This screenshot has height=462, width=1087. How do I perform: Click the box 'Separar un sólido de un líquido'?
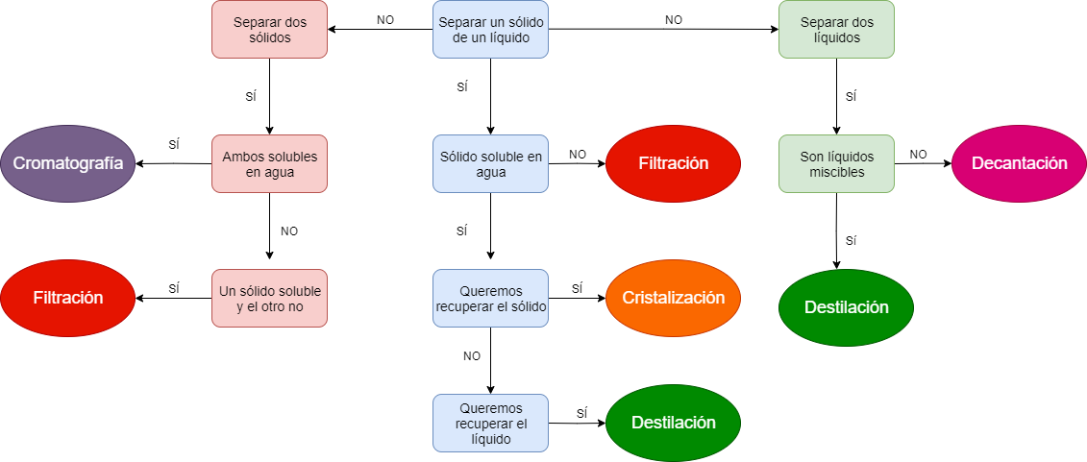click(490, 29)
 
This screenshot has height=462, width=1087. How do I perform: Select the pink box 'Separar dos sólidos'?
click(269, 29)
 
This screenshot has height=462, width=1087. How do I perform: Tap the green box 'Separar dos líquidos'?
click(836, 29)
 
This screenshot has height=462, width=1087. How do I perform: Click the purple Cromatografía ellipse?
click(67, 163)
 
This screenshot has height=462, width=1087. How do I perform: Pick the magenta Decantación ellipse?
click(1020, 163)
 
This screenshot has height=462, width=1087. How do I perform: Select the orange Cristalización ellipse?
click(673, 298)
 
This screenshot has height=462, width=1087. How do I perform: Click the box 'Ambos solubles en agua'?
click(269, 163)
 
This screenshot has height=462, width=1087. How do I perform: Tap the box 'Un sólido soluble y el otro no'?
click(269, 298)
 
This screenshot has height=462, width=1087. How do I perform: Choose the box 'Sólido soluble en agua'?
click(490, 163)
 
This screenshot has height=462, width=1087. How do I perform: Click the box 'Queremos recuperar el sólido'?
click(490, 298)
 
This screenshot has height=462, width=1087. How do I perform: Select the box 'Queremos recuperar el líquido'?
click(490, 423)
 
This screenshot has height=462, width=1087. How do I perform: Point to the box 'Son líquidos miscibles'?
click(836, 163)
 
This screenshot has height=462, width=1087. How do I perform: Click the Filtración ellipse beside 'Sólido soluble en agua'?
click(673, 163)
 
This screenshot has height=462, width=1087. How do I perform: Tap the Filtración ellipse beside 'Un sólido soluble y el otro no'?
click(67, 298)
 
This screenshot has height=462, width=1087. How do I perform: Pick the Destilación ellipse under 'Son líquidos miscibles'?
click(846, 307)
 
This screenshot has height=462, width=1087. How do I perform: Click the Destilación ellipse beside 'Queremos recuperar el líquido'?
click(673, 423)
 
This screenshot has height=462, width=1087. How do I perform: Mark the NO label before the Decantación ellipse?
click(918, 154)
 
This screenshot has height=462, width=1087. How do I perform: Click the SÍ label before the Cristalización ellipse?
click(577, 288)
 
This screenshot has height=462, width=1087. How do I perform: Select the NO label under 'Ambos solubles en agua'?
click(288, 231)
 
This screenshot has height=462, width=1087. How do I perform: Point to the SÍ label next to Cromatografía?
click(174, 144)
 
